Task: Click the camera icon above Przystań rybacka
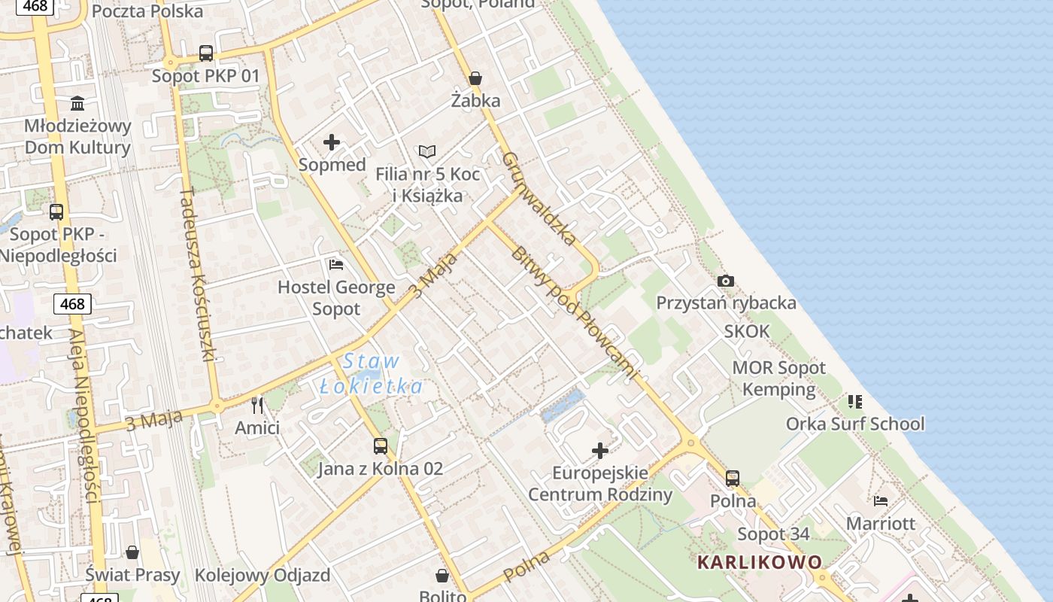point(726,281)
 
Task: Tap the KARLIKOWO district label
point(760,562)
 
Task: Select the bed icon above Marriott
point(881,501)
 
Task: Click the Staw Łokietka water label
point(371,374)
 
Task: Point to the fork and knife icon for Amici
point(257,406)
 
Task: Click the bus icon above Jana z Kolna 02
point(381,446)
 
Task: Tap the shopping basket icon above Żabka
point(475,78)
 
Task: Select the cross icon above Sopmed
point(332,142)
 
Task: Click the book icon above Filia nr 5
point(427,152)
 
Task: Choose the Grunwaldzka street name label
point(539,199)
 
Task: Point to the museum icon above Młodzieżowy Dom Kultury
point(77,103)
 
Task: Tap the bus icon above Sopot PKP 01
point(206,53)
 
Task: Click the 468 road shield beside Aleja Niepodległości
point(72,304)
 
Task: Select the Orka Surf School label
point(855,424)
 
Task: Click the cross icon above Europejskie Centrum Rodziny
point(600,451)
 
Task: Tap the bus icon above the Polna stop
point(733,479)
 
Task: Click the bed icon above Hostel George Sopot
point(336,265)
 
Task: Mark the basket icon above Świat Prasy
point(132,553)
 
